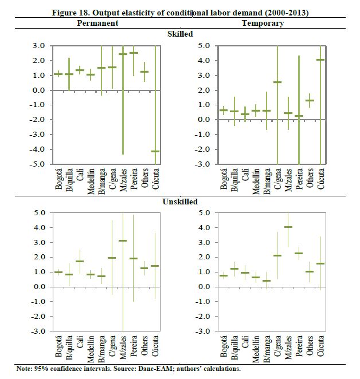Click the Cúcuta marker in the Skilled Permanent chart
[155, 151]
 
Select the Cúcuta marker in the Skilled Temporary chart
[321, 60]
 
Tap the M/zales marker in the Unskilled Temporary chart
[288, 227]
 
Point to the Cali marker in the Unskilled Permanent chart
[80, 261]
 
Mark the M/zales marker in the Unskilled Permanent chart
[123, 240]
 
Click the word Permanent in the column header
[98, 23]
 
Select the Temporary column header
[263, 23]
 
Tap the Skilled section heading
[181, 34]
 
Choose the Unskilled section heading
[181, 202]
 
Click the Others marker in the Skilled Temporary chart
[310, 100]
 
